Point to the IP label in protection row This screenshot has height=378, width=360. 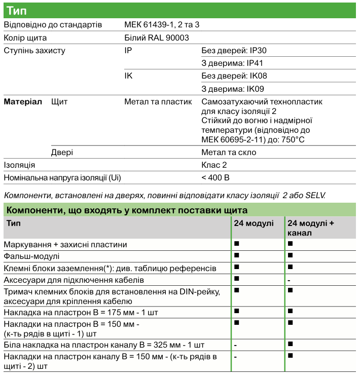coord(128,51)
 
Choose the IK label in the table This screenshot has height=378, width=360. coord(129,76)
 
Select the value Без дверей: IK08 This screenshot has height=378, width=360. coord(234,76)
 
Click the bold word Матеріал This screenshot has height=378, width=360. coord(23,101)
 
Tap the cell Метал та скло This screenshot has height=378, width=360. coord(228,152)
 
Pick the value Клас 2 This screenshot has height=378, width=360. coord(214,165)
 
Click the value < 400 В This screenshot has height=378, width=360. coord(215,177)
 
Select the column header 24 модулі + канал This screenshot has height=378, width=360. coord(311,228)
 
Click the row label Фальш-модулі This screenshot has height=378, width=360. coord(31,256)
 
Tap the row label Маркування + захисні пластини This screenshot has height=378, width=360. coord(65,244)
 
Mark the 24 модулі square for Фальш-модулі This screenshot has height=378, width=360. coord(237,255)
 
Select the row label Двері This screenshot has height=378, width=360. coord(62,152)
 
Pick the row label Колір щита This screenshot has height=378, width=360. coord(25,37)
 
